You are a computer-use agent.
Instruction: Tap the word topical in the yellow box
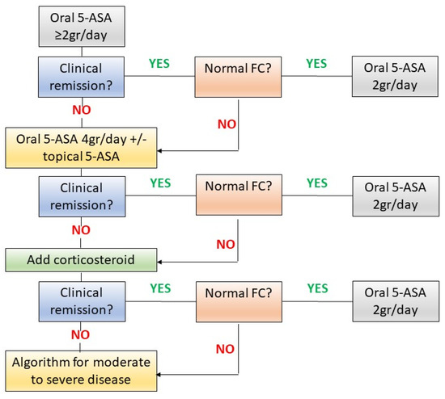[x=38, y=157]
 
